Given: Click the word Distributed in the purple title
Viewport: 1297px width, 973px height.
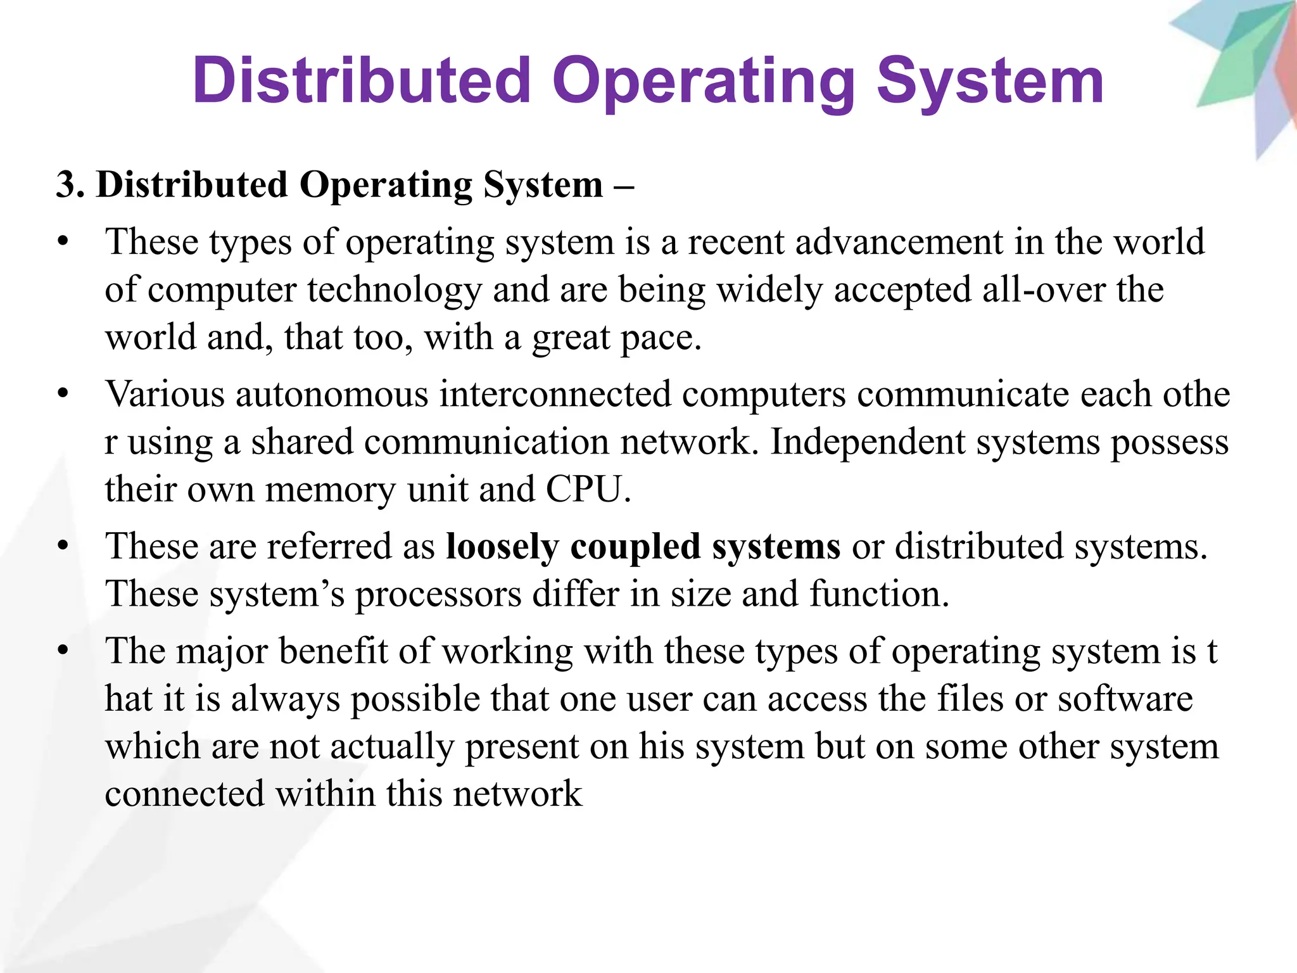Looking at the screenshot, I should (362, 80).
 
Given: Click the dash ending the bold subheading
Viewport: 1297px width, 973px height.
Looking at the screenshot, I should (623, 186).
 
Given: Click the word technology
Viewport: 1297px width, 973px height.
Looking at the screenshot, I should (395, 291).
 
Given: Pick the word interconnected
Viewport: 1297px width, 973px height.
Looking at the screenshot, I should (555, 394).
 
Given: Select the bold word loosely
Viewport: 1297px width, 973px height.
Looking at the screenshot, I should (502, 547).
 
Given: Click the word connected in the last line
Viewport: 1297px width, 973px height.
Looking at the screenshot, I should (184, 794).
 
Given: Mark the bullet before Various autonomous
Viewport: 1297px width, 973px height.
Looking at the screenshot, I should (62, 394).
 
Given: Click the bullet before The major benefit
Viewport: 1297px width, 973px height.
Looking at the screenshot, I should (62, 651).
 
